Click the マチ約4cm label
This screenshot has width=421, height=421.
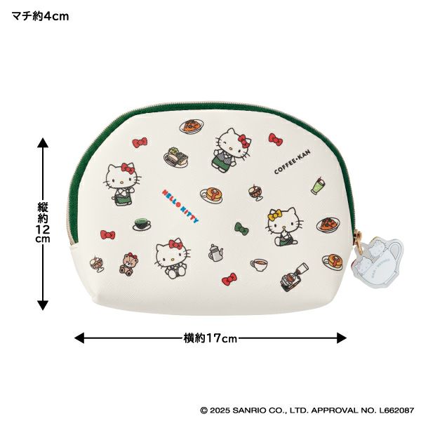tap(40, 17)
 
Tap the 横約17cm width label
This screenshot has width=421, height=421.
tap(210, 338)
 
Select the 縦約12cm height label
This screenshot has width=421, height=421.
tap(43, 222)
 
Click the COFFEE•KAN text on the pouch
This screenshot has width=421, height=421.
tap(293, 161)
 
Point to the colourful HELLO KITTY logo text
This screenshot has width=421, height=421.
tap(180, 206)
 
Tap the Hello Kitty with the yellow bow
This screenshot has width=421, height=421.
tap(285, 227)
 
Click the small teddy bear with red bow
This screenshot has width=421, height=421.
tap(129, 264)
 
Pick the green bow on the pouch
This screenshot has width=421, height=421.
tap(241, 229)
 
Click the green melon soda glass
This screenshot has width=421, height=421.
tap(319, 185)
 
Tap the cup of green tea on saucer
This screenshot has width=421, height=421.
tap(142, 225)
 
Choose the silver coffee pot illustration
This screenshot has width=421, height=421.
tap(215, 253)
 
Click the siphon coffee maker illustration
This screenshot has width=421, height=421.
tap(294, 277)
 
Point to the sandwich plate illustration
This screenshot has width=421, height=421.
tap(176, 157)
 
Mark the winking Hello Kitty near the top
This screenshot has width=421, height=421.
tap(232, 150)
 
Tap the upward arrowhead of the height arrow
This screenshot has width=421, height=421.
tap(43, 142)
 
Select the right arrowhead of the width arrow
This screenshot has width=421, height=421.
tap(342, 338)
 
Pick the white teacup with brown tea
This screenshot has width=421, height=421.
tap(260, 265)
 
